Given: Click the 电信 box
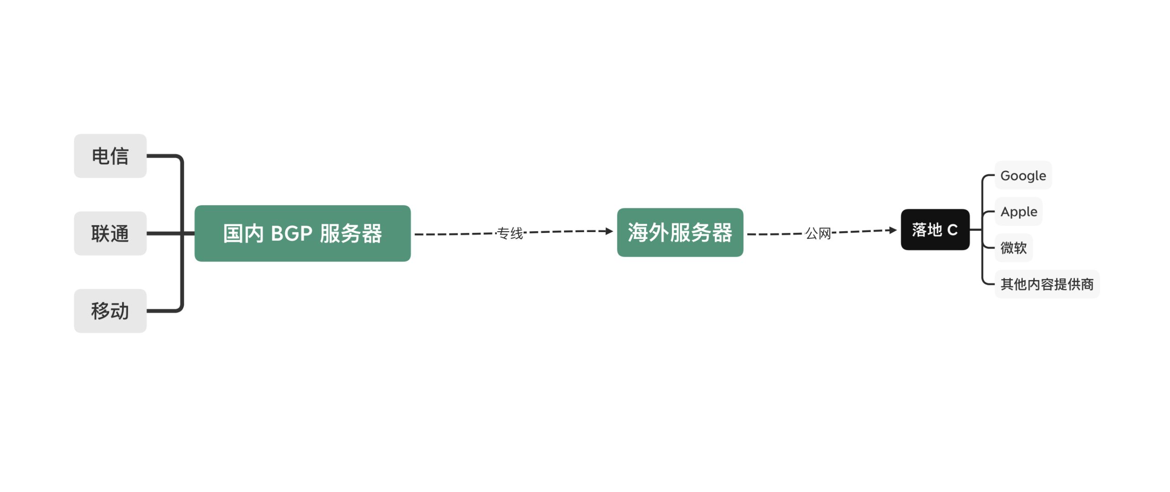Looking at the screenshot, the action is [x=110, y=156].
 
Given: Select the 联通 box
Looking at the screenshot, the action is [x=110, y=233].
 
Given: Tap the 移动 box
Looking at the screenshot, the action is [x=110, y=311].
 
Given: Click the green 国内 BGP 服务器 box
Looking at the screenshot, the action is [x=303, y=233].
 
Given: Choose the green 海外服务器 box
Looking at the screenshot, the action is [x=680, y=233].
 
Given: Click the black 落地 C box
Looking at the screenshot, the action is [x=935, y=229].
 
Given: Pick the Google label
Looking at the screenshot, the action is [x=1023, y=175].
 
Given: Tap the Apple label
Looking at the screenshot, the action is [x=1019, y=212].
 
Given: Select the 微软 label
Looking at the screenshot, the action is [x=1014, y=248].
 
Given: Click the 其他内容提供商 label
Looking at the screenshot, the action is [x=1047, y=284].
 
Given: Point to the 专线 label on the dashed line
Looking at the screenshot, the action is [x=510, y=233].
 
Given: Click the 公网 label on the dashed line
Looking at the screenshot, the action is [x=818, y=233].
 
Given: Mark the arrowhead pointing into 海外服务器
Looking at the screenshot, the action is [x=609, y=231].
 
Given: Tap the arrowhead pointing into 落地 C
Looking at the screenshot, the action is [x=893, y=230].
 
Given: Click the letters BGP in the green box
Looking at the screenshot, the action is [x=292, y=233].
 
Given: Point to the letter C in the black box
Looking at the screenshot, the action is [x=952, y=230].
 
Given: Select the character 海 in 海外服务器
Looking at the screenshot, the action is [x=638, y=233].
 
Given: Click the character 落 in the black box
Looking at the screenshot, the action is [x=920, y=229].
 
